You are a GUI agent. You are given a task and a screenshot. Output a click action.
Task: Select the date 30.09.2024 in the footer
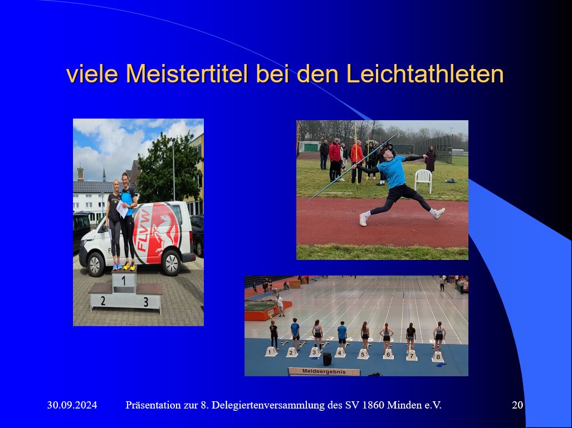(72, 405)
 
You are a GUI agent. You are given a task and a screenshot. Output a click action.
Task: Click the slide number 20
(517, 405)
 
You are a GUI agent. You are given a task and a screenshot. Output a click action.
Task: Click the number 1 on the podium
(123, 282)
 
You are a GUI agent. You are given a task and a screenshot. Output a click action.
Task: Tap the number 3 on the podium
(145, 302)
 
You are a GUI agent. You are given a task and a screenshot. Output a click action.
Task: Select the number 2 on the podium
(102, 301)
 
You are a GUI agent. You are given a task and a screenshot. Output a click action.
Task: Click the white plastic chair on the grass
(423, 180)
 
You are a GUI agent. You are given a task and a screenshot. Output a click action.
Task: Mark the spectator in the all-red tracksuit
(335, 159)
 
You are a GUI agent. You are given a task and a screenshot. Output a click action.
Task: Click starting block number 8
(438, 356)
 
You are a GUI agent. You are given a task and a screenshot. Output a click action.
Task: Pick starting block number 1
(271, 352)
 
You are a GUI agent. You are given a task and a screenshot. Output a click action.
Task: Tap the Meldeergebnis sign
(324, 371)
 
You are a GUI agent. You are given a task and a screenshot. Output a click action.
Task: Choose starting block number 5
(363, 354)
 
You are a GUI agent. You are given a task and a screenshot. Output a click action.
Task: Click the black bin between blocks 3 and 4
(327, 359)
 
